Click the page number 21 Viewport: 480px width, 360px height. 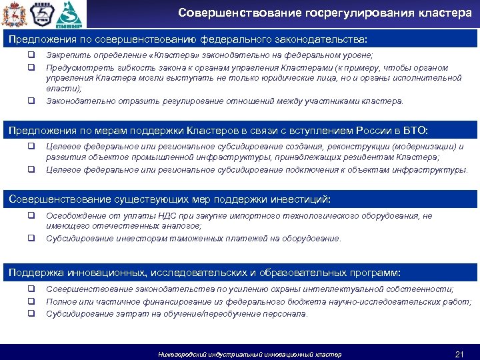coord(458,353)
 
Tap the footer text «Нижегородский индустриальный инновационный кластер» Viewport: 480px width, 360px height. coord(249,354)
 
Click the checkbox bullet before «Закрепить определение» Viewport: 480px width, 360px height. coord(31,57)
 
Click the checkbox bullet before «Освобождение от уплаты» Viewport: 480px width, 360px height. coord(31,216)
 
